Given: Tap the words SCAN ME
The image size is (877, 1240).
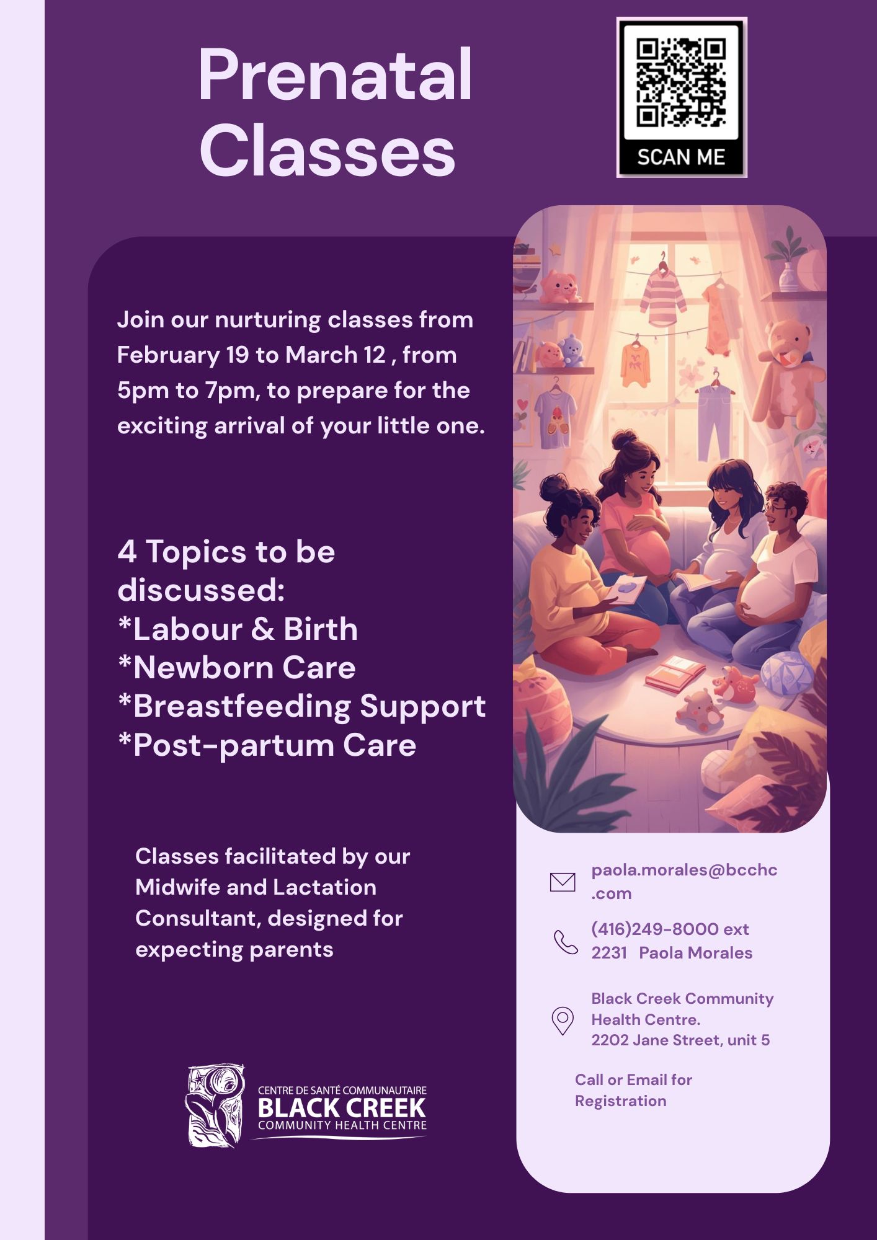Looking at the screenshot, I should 681,157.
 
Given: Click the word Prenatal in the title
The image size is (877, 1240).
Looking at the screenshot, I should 335,76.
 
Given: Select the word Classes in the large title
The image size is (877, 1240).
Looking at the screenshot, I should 327,151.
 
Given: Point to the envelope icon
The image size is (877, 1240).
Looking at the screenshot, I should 562,882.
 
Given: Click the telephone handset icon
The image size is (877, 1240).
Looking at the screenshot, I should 565,942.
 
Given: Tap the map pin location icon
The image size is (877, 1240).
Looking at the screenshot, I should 562,1021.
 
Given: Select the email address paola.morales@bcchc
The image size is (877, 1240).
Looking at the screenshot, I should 683,870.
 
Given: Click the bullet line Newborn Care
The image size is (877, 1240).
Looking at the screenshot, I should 238,668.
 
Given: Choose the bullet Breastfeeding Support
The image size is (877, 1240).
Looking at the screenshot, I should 302,706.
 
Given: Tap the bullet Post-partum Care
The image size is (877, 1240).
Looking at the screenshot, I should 267,745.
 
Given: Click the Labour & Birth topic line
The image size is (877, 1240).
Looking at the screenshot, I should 238,629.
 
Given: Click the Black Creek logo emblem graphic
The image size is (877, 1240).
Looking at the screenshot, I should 215,1106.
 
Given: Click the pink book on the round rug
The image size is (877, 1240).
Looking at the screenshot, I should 674,673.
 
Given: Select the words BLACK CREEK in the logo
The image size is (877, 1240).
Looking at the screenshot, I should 342,1108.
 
